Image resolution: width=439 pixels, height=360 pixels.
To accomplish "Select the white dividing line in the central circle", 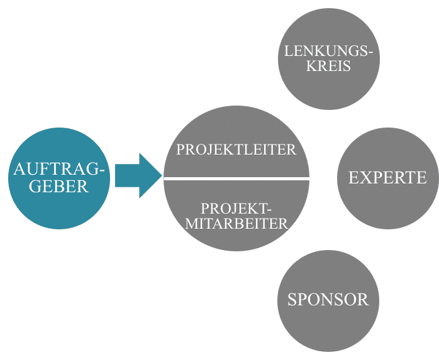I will point(236,179).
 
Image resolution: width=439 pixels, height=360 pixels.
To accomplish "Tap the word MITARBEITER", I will point(236,223).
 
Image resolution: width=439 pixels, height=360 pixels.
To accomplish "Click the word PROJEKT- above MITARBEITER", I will point(236,208).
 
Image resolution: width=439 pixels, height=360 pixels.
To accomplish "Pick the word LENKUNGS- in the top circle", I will point(328,52).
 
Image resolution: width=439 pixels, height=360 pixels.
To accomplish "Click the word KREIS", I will point(328,66).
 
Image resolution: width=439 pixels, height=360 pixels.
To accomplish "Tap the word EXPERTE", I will point(387,178).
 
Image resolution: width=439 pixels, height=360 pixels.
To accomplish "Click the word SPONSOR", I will point(328,300).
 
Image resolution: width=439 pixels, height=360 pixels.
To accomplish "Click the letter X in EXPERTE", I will point(364,178).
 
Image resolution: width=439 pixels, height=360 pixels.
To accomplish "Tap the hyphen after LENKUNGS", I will point(372,53).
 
